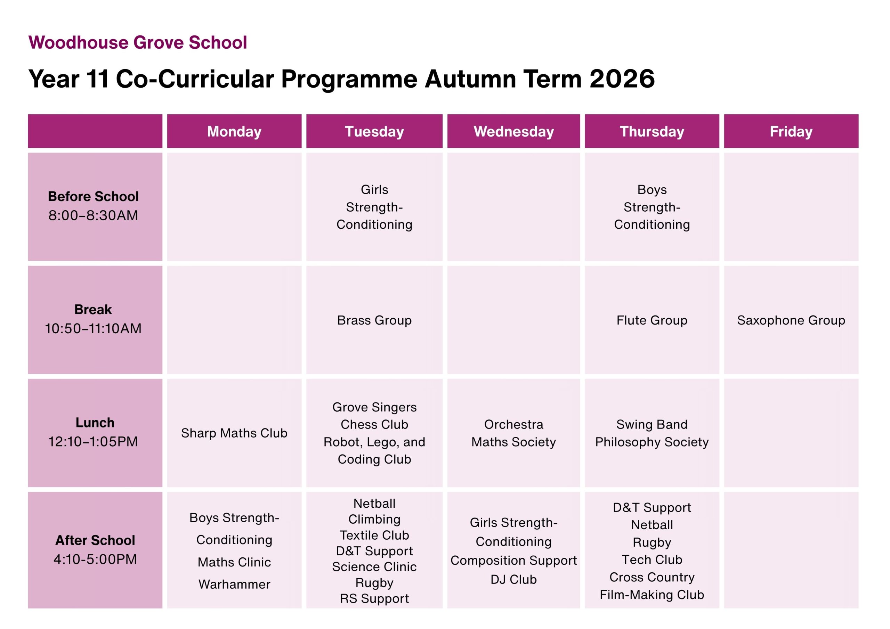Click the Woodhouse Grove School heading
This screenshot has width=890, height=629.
[138, 43]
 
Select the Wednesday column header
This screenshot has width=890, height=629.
[513, 131]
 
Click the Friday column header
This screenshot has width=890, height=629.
[791, 131]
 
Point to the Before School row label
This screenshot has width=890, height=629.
[93, 196]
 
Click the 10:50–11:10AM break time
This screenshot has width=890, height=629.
[93, 329]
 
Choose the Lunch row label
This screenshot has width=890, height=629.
[95, 423]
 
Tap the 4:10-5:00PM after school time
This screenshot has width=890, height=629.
[95, 559]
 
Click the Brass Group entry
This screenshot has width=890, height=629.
[374, 320]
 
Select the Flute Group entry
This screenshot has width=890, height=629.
[652, 320]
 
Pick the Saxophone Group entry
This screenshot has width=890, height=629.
[791, 320]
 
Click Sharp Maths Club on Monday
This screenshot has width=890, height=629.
[234, 433]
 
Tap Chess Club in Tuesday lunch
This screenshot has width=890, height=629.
[374, 424]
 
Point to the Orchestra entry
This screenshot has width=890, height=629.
[513, 424]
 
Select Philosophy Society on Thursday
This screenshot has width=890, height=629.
[652, 442]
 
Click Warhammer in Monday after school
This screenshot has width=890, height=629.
[234, 584]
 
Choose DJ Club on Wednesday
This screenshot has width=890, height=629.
[513, 579]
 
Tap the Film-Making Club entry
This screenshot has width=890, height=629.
[652, 595]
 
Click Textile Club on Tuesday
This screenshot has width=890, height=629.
[374, 535]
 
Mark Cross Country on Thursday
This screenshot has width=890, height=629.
[652, 577]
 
